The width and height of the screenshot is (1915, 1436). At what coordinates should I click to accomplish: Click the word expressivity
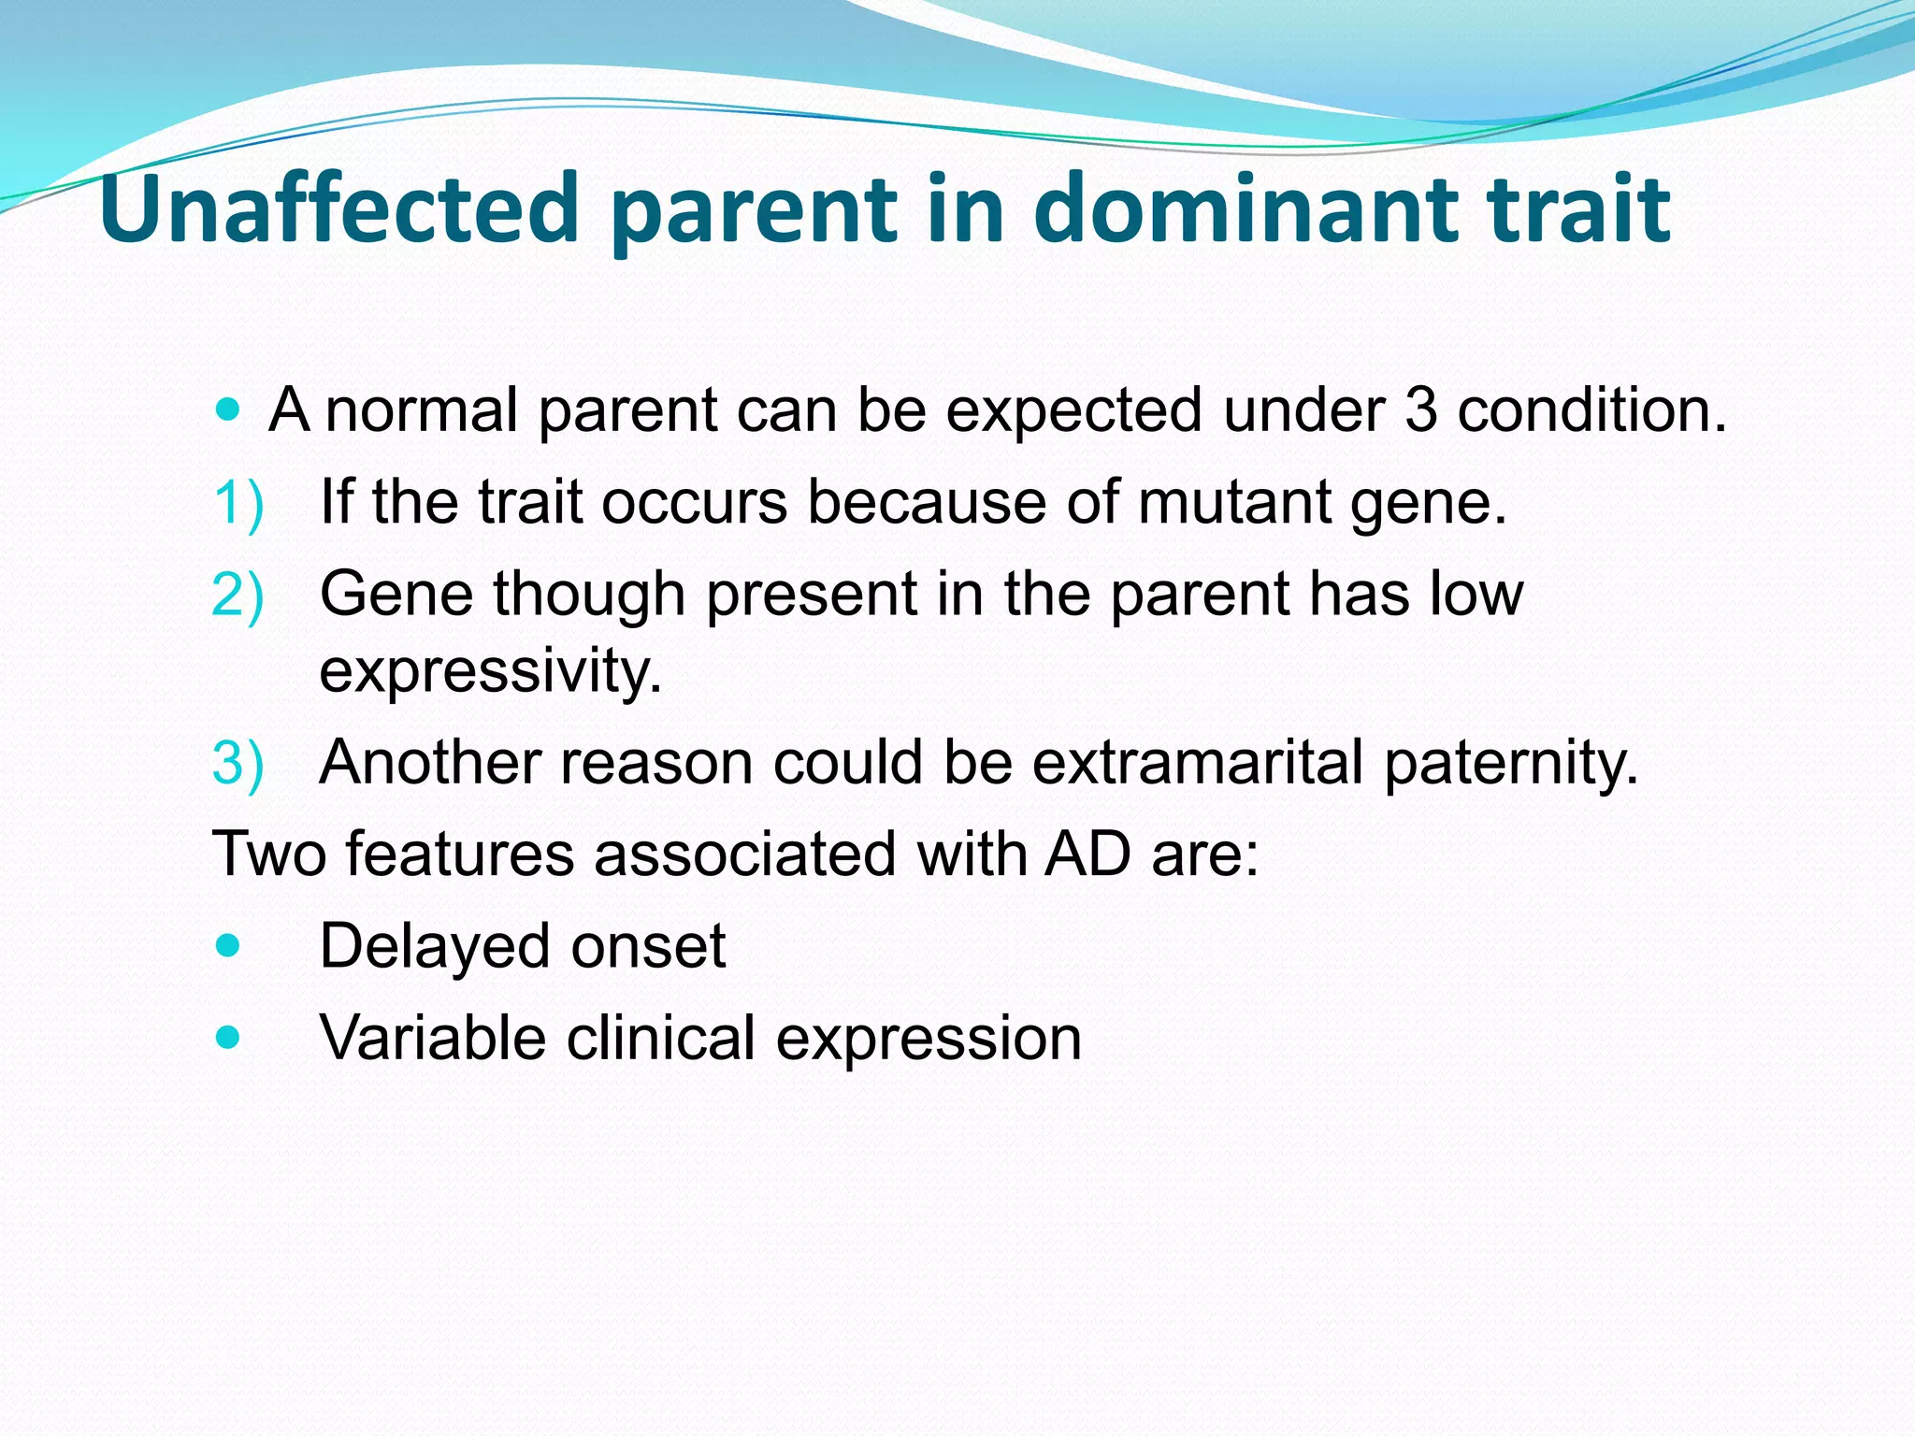(491, 671)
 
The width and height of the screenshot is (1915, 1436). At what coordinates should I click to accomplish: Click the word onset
(648, 946)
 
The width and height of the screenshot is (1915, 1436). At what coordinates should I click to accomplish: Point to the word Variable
(433, 1038)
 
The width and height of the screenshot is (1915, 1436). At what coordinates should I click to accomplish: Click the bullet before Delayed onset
(227, 945)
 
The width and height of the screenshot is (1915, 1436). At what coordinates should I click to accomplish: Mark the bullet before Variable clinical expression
(227, 1037)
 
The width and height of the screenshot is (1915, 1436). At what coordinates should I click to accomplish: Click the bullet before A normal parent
(227, 409)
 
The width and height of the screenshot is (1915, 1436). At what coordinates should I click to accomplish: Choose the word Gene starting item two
(396, 594)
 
